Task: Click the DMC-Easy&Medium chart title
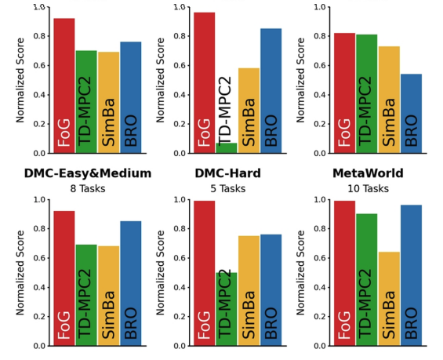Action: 88,173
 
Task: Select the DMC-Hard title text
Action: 227,173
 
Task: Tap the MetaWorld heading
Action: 368,173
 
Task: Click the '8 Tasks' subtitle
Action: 88,188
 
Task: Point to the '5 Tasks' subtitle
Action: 227,188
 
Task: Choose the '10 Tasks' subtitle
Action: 368,188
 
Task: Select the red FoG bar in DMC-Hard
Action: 205,273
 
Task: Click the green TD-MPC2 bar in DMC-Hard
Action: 227,309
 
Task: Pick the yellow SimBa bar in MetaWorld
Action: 389,299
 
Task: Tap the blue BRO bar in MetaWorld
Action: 411,275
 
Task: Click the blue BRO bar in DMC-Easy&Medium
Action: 131,283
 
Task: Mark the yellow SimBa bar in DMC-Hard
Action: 249,291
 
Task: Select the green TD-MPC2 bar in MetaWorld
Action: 367,280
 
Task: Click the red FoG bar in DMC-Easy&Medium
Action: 64,278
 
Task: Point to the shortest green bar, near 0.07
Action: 227,148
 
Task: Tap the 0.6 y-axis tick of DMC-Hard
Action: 180,258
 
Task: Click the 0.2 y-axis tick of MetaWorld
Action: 320,317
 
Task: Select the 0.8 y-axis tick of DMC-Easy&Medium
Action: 39,228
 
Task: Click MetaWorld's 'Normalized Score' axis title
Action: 300,273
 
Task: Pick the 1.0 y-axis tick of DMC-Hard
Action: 180,199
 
